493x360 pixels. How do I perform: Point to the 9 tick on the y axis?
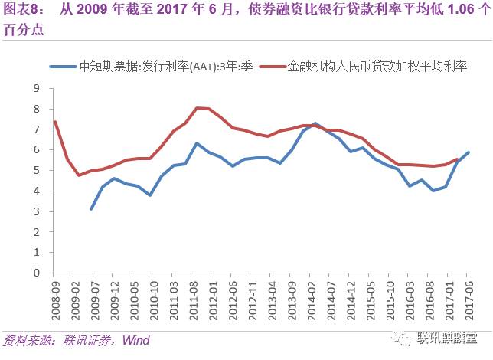pos(35,88)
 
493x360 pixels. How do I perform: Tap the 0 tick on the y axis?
pos(35,272)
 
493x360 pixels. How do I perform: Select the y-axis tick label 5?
pos(35,170)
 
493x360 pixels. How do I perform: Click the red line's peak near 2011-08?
pos(198,108)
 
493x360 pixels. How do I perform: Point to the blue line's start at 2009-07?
pos(91,208)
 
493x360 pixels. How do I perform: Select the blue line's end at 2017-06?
pos(469,152)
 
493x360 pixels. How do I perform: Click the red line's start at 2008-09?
pos(55,121)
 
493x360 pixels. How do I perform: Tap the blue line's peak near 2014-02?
pos(315,123)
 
